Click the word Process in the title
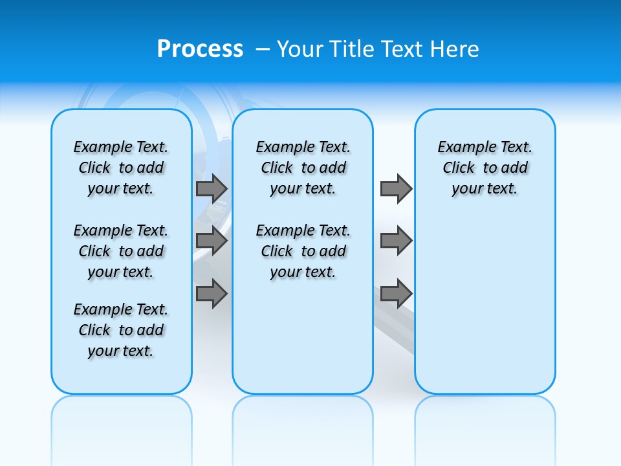(200, 49)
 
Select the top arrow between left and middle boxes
(211, 188)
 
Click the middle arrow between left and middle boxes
(211, 241)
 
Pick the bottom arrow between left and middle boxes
(211, 293)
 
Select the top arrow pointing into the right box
(396, 188)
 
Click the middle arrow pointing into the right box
(396, 241)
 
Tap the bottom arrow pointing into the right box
(396, 293)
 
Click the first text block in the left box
(121, 168)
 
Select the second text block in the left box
(121, 251)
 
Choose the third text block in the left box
(121, 330)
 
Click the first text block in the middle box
(303, 168)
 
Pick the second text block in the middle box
(303, 251)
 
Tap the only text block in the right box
(485, 168)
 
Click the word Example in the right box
(461, 147)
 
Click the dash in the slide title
(263, 49)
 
